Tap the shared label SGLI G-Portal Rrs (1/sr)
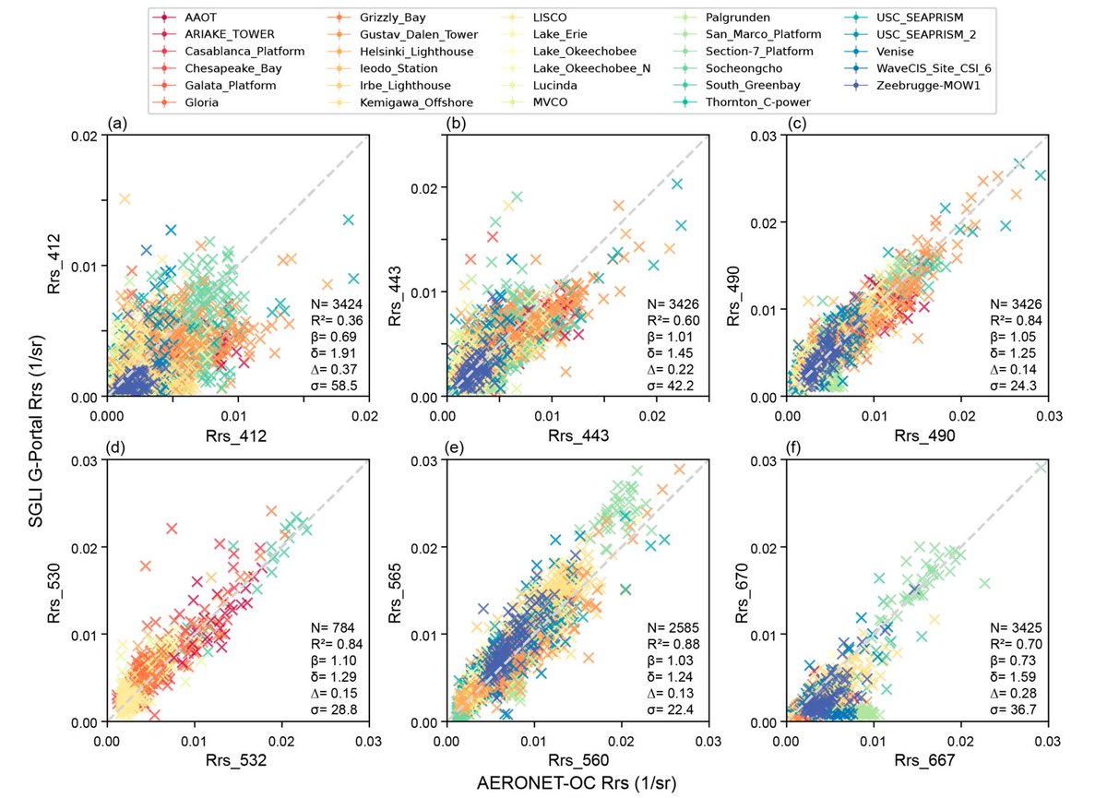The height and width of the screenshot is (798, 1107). [42, 434]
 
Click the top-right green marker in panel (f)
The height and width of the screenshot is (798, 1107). [1041, 467]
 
